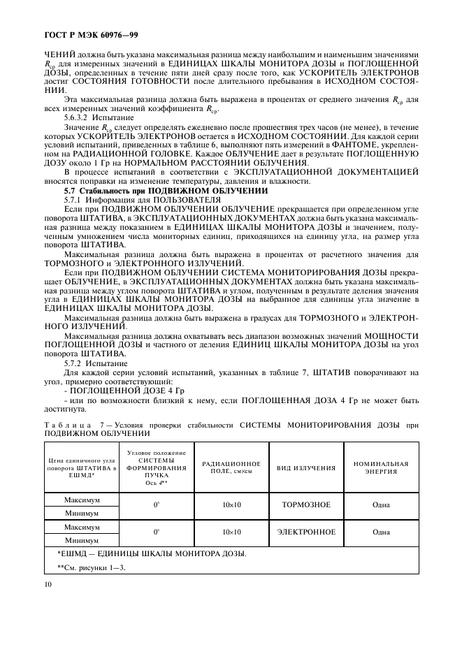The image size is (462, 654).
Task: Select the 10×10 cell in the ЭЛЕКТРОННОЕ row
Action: [x=231, y=532]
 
